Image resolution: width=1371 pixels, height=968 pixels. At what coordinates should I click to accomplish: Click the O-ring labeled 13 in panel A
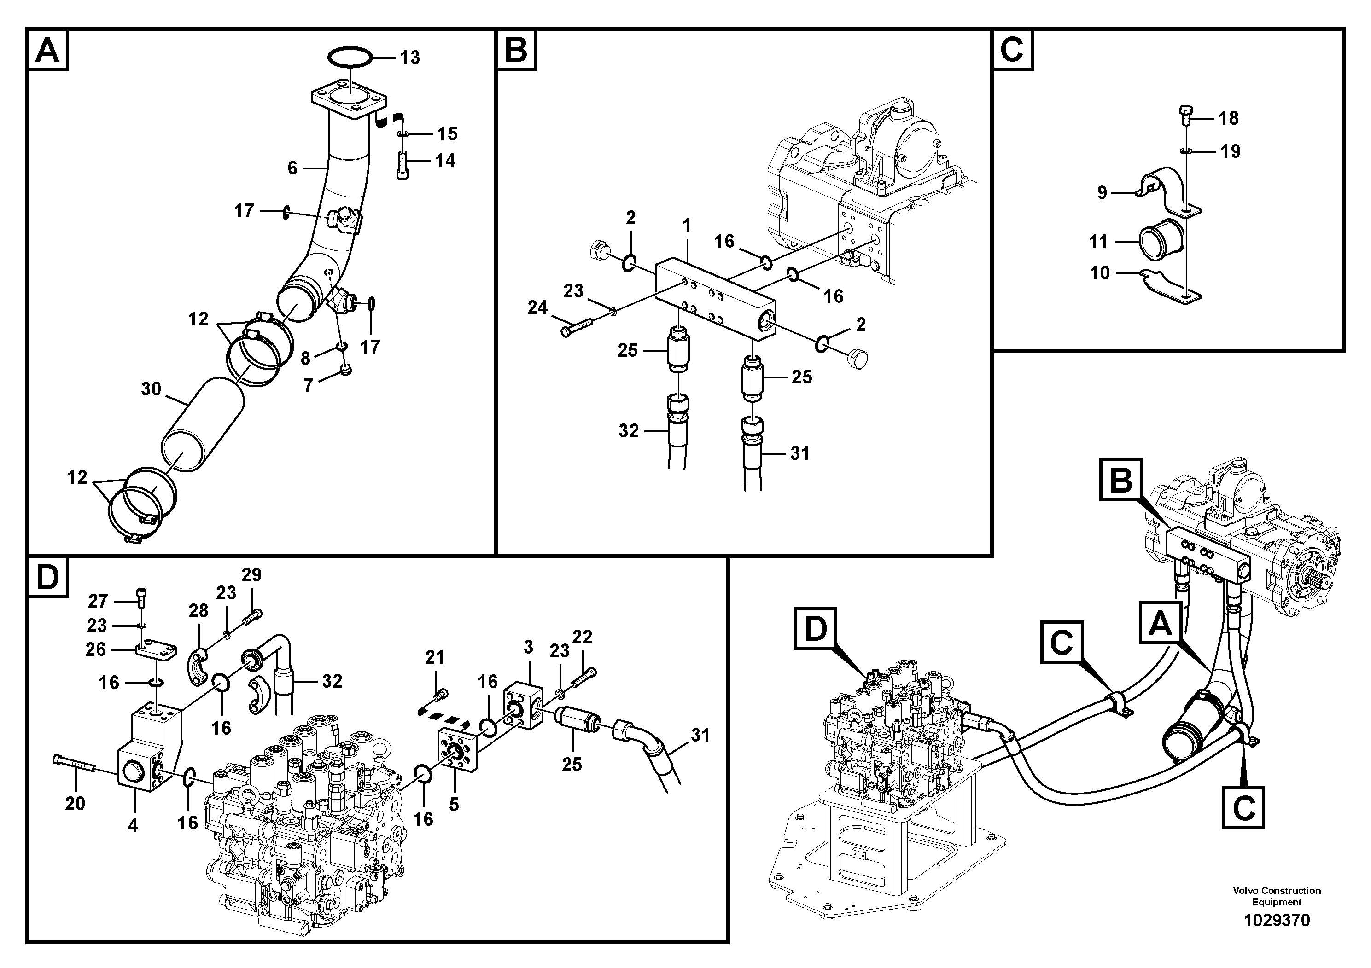350,58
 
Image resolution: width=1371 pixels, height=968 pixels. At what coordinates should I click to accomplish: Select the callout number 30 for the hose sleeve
151,389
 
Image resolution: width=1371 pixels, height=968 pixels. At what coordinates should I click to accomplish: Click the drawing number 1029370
1277,920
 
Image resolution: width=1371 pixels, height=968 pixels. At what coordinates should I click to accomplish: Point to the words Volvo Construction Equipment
1277,896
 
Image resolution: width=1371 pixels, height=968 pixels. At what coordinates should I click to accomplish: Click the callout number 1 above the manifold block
687,226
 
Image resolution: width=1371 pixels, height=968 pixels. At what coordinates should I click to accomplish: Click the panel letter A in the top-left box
47,50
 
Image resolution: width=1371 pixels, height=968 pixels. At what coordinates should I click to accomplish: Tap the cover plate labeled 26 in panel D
157,650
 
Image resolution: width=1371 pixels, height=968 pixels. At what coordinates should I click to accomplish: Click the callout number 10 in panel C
1099,273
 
